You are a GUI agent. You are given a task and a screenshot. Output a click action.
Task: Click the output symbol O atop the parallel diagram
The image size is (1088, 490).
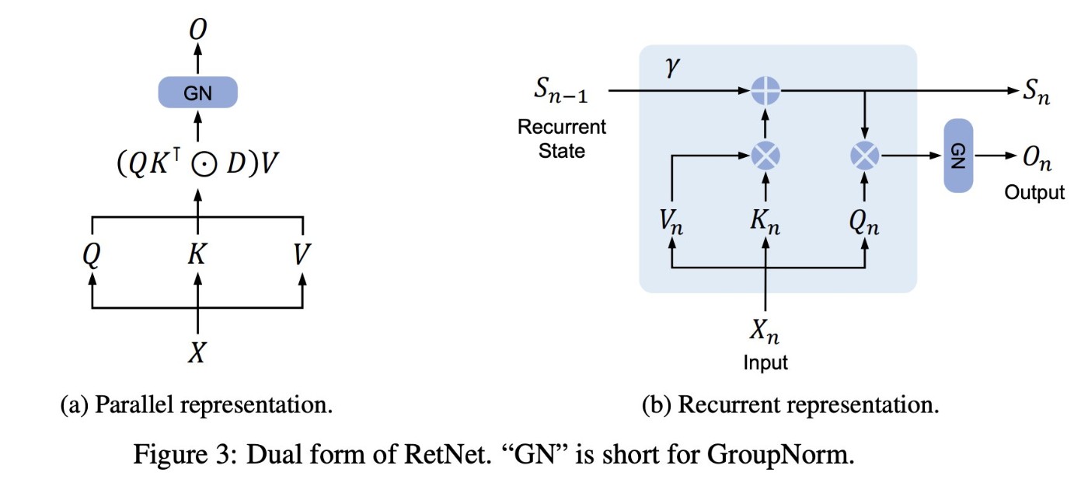(x=197, y=29)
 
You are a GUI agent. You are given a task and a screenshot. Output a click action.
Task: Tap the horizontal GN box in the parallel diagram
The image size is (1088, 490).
(x=197, y=93)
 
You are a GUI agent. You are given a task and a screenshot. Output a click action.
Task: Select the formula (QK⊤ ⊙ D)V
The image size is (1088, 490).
(x=197, y=165)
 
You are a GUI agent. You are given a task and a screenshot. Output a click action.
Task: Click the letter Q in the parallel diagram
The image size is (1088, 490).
(x=92, y=254)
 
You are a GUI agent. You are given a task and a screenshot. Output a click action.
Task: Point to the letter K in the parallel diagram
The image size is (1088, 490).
(x=197, y=254)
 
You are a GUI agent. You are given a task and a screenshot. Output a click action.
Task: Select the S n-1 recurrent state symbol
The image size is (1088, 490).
(x=561, y=91)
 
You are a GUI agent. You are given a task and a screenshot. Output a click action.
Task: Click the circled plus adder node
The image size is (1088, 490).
(x=766, y=91)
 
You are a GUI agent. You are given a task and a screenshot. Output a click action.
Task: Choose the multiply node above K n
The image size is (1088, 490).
(x=766, y=156)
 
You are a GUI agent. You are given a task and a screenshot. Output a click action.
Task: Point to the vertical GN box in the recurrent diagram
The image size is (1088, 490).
(x=957, y=156)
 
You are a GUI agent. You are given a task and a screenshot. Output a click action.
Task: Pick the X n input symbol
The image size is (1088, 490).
(x=765, y=332)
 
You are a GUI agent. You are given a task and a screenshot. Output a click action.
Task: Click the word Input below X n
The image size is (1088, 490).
(x=765, y=362)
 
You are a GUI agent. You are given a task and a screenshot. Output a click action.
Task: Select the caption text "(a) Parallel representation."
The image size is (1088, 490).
(x=197, y=405)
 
